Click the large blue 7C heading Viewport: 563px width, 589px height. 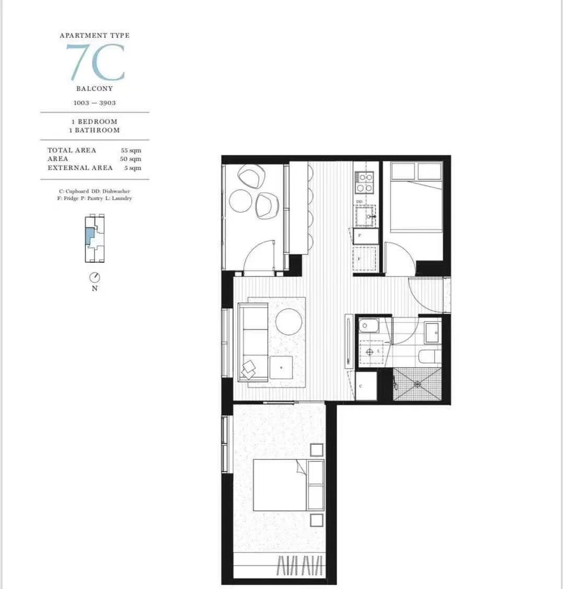[95, 62]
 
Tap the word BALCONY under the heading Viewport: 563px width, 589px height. [95, 89]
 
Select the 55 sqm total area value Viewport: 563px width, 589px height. [131, 150]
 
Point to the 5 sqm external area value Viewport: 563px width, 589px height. [133, 168]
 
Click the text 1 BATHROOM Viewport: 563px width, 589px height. [94, 131]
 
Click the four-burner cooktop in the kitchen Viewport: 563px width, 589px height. [364, 182]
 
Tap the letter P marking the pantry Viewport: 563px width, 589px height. [359, 235]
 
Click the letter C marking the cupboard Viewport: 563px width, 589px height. [361, 386]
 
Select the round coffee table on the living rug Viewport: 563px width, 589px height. [288, 321]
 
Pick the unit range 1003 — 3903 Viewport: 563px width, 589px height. [95, 103]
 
